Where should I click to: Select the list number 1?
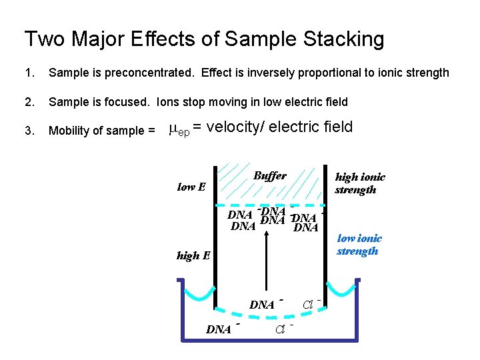28,73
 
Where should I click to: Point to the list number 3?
28,131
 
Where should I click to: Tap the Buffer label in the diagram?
269,176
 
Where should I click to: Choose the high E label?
193,255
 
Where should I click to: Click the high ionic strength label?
359,183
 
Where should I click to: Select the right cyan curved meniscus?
343,293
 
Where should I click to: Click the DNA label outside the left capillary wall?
219,329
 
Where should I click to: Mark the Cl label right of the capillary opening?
309,305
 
